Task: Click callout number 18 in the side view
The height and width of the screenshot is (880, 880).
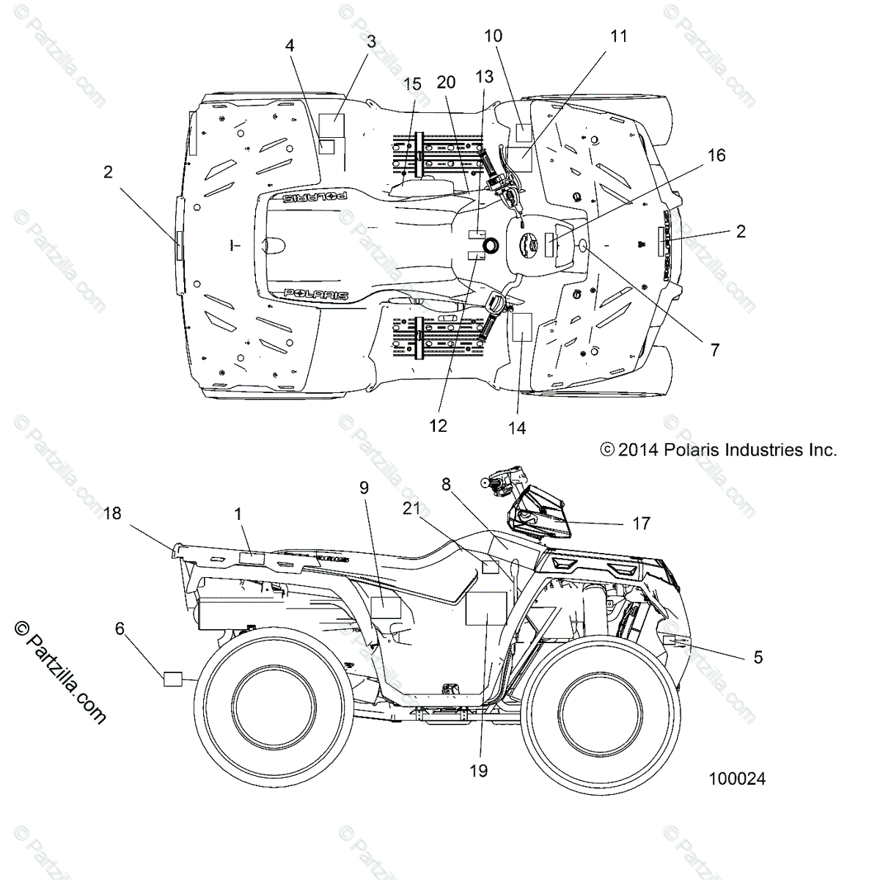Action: pyautogui.click(x=112, y=513)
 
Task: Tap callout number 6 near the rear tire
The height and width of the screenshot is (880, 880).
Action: pyautogui.click(x=120, y=628)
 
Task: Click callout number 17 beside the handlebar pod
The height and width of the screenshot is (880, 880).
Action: pyautogui.click(x=641, y=524)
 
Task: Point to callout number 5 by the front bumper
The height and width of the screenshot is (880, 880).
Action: pyautogui.click(x=758, y=657)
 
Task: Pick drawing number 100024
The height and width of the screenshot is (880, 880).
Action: pyautogui.click(x=736, y=779)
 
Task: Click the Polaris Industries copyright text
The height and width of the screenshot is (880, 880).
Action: pyautogui.click(x=718, y=450)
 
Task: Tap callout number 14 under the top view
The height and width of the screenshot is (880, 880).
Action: pyautogui.click(x=517, y=428)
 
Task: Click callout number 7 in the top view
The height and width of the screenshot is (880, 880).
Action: pyautogui.click(x=714, y=351)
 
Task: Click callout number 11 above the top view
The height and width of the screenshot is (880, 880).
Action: pyautogui.click(x=619, y=35)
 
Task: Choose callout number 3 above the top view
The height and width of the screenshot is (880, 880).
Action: pyautogui.click(x=371, y=42)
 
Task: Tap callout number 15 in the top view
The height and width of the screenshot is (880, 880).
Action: pyautogui.click(x=412, y=84)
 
